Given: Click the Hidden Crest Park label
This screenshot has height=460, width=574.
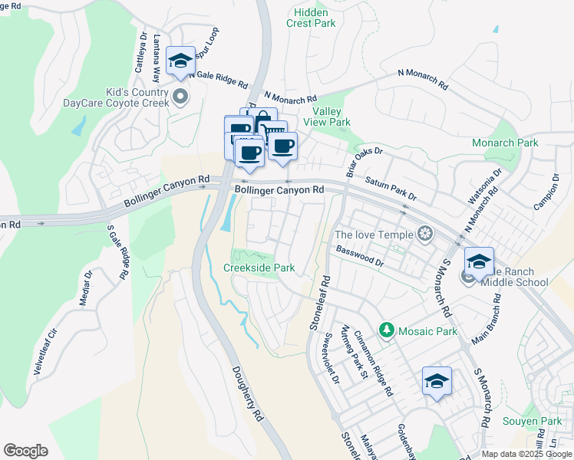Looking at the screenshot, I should pyautogui.click(x=312, y=18).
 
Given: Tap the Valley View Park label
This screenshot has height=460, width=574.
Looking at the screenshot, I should pyautogui.click(x=328, y=117).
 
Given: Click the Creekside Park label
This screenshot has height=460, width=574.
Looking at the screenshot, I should pyautogui.click(x=259, y=268).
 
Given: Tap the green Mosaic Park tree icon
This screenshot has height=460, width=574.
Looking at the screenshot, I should pyautogui.click(x=387, y=331).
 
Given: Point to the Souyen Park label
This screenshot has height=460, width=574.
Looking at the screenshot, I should pyautogui.click(x=532, y=421).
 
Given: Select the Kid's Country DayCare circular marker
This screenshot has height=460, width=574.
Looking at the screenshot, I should pyautogui.click(x=180, y=96).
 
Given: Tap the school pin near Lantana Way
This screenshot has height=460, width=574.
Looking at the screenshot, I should pyautogui.click(x=180, y=61).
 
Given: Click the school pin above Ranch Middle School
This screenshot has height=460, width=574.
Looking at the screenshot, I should pyautogui.click(x=478, y=261).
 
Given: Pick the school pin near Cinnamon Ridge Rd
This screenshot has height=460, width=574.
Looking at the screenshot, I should pyautogui.click(x=437, y=382).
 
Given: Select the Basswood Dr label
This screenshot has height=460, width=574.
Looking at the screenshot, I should pyautogui.click(x=359, y=256).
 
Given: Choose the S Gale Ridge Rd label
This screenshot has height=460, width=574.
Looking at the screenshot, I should pyautogui.click(x=118, y=251).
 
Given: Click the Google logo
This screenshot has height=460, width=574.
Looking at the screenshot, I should pyautogui.click(x=25, y=451).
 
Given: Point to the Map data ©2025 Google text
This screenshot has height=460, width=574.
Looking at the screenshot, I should pyautogui.click(x=526, y=454).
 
